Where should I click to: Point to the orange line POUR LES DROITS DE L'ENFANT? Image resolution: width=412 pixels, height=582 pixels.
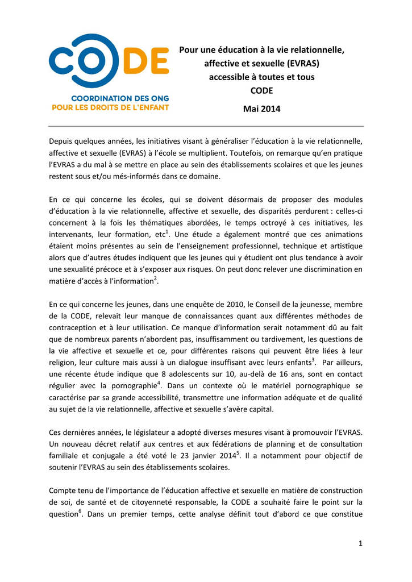pos(110,107)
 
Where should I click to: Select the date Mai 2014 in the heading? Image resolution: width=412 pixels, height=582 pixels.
pos(262,109)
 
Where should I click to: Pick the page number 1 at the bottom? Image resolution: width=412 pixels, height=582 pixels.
pos(360,543)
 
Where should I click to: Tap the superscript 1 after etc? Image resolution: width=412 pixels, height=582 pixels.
pos(169,230)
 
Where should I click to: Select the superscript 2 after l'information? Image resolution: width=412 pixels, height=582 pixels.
pos(156,277)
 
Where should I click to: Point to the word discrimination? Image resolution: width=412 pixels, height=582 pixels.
pos(323,269)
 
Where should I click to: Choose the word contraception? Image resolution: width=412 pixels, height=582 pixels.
pos(74,328)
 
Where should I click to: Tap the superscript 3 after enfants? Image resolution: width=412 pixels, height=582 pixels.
pos(313,359)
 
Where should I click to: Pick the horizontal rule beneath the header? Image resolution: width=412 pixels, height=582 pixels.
pos(206,126)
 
